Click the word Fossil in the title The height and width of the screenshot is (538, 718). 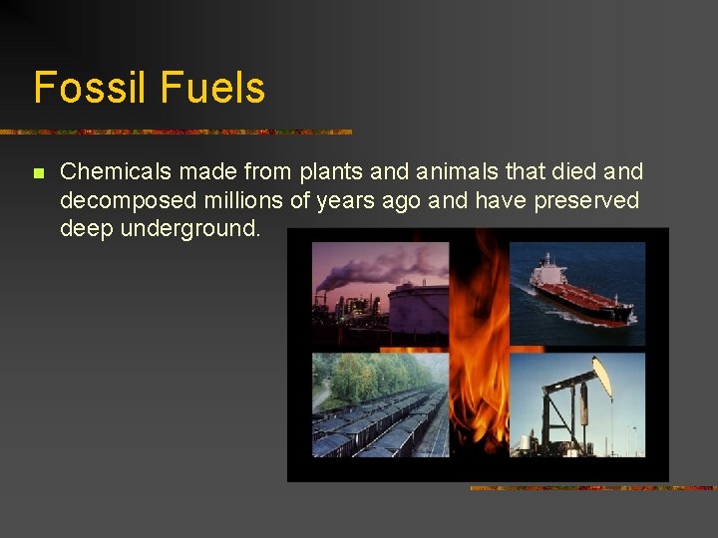(x=88, y=88)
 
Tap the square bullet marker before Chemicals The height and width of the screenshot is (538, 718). (x=38, y=173)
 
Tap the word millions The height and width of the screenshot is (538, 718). (x=243, y=200)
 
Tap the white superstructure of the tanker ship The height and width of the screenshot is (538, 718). (x=547, y=270)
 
